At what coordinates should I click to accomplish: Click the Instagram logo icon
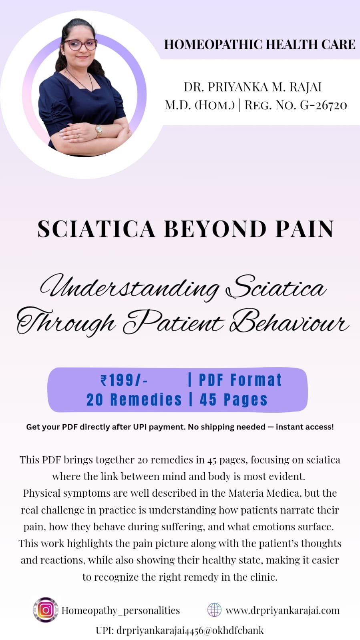pyautogui.click(x=46, y=610)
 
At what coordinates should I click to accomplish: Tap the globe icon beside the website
pyautogui.click(x=214, y=610)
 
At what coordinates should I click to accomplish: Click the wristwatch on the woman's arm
pyautogui.click(x=99, y=131)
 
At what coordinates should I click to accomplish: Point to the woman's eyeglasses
pyautogui.click(x=80, y=45)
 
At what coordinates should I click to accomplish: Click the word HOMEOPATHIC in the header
pyautogui.click(x=213, y=44)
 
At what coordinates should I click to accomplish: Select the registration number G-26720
pyautogui.click(x=324, y=105)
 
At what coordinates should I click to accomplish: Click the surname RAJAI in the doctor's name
pyautogui.click(x=306, y=87)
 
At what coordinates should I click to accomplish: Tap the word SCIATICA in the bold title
pyautogui.click(x=97, y=229)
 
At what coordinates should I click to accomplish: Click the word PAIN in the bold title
pyautogui.click(x=304, y=229)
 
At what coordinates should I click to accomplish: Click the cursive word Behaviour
pyautogui.click(x=289, y=322)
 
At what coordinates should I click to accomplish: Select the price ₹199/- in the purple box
pyautogui.click(x=124, y=380)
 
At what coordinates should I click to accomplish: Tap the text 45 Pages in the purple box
pyautogui.click(x=233, y=399)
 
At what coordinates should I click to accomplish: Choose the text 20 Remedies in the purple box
pyautogui.click(x=134, y=399)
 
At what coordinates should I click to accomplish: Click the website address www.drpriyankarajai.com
pyautogui.click(x=282, y=610)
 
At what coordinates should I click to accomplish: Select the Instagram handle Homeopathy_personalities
pyautogui.click(x=121, y=610)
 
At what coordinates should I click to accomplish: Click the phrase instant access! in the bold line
pyautogui.click(x=305, y=427)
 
